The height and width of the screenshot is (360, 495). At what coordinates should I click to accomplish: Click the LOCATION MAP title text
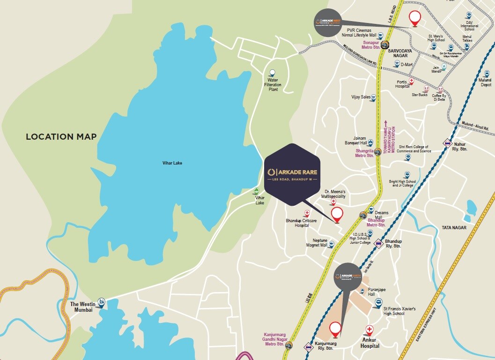click(x=61, y=137)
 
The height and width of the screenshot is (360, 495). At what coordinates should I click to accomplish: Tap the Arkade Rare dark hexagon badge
click(x=291, y=174)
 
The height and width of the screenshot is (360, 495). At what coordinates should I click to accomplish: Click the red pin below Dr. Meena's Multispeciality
click(x=337, y=215)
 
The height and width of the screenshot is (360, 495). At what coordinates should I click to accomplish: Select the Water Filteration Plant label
click(x=273, y=84)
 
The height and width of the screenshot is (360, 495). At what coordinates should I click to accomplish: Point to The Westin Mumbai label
click(x=81, y=307)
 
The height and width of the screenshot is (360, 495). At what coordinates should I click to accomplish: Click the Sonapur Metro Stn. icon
click(x=384, y=45)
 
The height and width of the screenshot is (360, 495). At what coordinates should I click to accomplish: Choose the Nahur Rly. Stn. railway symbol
click(x=447, y=144)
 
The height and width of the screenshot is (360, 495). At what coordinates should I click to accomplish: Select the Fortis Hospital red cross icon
click(x=411, y=81)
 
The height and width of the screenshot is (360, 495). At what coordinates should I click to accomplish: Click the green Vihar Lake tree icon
click(x=256, y=191)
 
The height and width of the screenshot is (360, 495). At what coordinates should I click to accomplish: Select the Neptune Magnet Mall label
click(x=317, y=242)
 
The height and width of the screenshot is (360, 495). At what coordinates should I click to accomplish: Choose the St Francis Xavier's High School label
click(x=399, y=311)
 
